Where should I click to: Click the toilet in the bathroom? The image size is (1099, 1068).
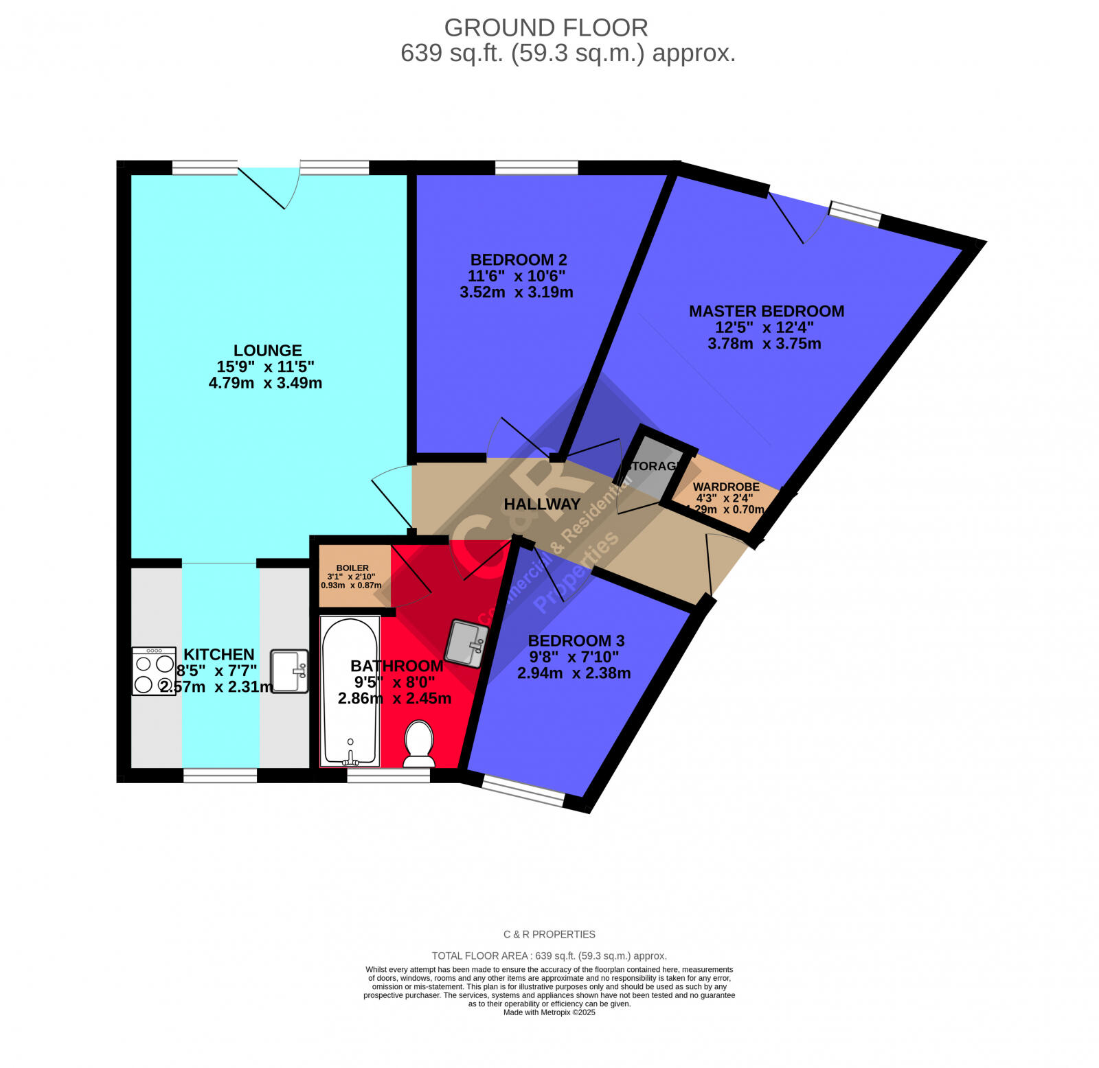point(418,743)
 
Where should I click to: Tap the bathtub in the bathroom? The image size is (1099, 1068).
point(350,690)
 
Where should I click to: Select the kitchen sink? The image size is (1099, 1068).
point(289,671)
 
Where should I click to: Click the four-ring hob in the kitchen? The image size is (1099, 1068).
point(154,671)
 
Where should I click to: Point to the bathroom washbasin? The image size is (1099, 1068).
point(466,643)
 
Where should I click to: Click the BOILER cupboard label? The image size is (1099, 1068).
point(352,568)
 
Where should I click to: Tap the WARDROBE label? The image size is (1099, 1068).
point(726,487)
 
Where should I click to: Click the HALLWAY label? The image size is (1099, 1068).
point(542,504)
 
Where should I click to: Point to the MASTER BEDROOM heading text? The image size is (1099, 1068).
point(767,312)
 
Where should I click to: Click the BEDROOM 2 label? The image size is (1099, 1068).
point(519,260)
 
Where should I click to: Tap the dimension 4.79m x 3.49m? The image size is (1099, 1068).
point(265,383)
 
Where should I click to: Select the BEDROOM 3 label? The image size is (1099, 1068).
point(576,641)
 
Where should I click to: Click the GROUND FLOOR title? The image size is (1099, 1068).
point(546,28)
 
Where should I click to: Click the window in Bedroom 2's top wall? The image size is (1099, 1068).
point(536,167)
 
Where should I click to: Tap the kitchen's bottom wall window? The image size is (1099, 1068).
point(220,776)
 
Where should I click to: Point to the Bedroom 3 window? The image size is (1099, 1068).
point(523,791)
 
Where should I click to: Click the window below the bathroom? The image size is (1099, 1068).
point(388,776)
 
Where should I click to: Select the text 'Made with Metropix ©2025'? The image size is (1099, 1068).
point(549,1012)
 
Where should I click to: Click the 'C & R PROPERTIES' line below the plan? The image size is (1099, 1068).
point(549,934)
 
